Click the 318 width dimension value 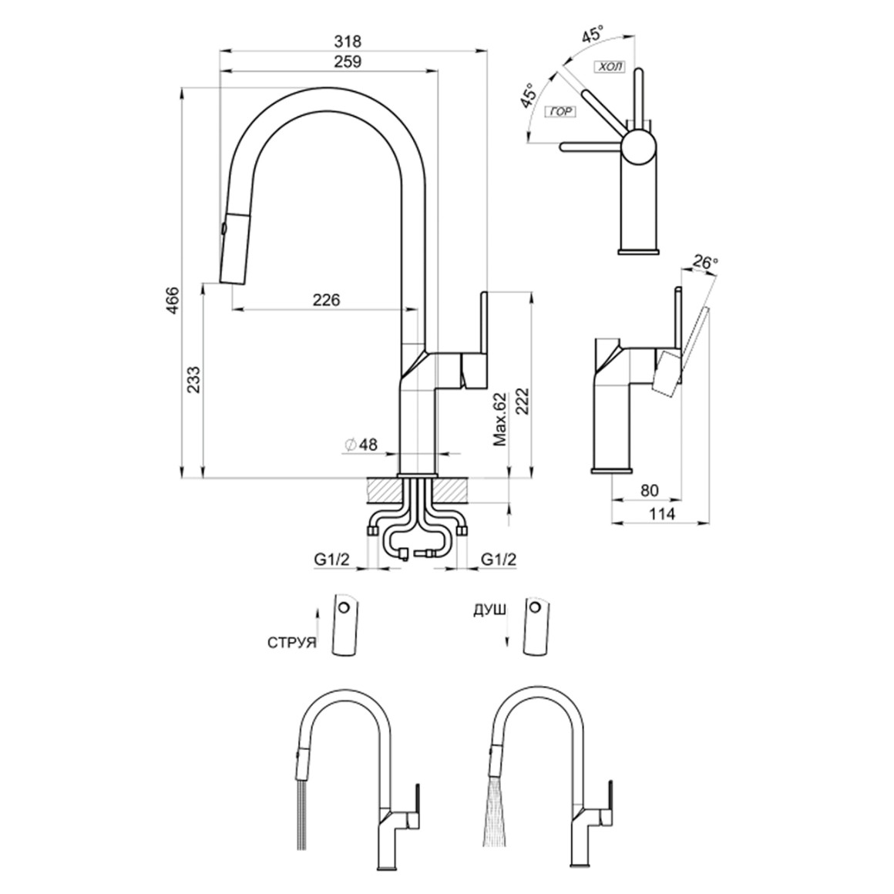pyautogui.click(x=349, y=41)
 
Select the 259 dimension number pyautogui.click(x=349, y=62)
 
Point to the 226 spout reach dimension pyautogui.click(x=327, y=299)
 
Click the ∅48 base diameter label pyautogui.click(x=361, y=444)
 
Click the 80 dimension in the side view pyautogui.click(x=650, y=489)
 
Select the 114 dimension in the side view pyautogui.click(x=660, y=513)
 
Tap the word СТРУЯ pyautogui.click(x=293, y=642)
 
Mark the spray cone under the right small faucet pyautogui.click(x=490, y=822)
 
